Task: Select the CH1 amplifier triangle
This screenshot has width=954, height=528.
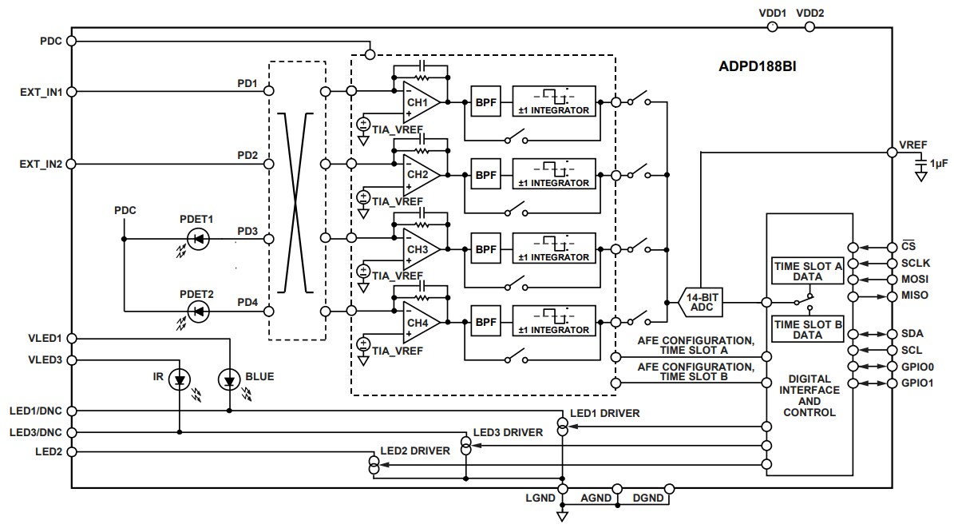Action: point(420,101)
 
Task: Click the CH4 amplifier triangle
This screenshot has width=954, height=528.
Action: point(420,322)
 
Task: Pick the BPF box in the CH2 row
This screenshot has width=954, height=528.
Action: point(485,174)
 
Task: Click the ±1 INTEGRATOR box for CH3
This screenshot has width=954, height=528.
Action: point(554,248)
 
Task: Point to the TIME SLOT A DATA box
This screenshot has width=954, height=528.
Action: point(807,271)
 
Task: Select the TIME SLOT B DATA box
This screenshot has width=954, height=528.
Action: point(807,329)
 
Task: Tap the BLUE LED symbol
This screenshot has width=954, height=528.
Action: point(231,381)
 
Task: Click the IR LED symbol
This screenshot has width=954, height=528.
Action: point(180,381)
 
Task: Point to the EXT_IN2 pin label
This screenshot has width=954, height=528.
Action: point(42,164)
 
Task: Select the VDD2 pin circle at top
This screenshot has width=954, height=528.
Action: point(810,27)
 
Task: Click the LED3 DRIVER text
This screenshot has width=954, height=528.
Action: point(508,432)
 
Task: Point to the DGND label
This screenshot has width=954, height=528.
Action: point(647,498)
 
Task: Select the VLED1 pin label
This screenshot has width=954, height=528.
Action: point(46,339)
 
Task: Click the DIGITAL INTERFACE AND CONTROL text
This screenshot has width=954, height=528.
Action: point(809,395)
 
